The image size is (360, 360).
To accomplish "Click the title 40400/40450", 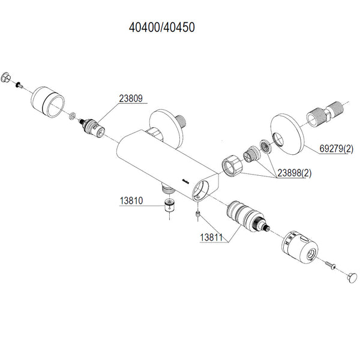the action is (x=162, y=28).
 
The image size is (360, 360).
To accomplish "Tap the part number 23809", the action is (x=131, y=98).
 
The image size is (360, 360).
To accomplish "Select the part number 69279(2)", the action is (x=337, y=149).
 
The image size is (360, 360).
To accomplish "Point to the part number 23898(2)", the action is (x=295, y=173).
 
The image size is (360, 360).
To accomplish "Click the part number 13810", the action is (x=131, y=200).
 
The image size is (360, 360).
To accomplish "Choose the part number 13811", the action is (x=211, y=238).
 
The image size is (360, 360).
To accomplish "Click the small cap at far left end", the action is (x=5, y=77).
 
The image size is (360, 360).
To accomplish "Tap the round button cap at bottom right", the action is (x=352, y=278).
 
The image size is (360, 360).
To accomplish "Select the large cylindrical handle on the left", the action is (x=47, y=102).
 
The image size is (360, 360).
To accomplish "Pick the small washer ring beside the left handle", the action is (x=73, y=116).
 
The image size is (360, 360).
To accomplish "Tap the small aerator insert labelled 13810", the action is (x=169, y=205).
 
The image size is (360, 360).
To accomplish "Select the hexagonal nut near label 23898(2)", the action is (x=232, y=166).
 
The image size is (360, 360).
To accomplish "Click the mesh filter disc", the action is (x=266, y=146).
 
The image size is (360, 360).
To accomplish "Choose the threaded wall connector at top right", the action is (x=325, y=115).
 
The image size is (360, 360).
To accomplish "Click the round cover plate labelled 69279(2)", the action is (x=287, y=134).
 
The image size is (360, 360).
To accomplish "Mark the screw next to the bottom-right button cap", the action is (x=331, y=265).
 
